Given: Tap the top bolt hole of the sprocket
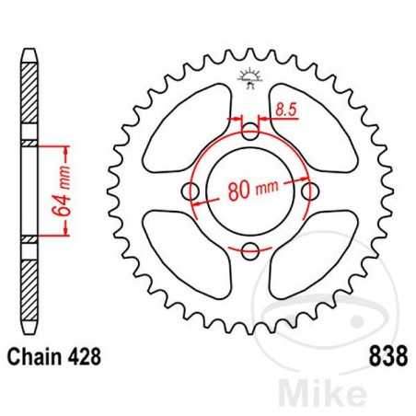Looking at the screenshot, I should tap(249, 132).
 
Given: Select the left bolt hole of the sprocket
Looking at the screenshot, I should tap(191, 191).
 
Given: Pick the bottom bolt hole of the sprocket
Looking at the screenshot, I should tap(249, 249).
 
